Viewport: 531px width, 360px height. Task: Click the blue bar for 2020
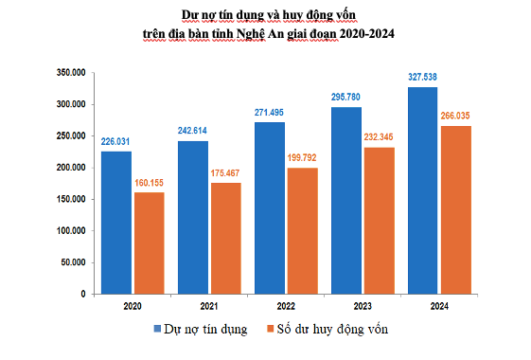pos(115,223)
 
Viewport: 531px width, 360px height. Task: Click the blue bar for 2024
pos(422,190)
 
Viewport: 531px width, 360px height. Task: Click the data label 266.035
pos(456,117)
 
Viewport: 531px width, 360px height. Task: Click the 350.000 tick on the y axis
pos(72,72)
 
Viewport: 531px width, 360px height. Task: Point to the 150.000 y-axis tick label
pos(72,199)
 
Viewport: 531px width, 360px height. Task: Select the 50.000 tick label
pos(75,262)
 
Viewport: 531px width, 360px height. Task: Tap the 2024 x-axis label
pos(438,306)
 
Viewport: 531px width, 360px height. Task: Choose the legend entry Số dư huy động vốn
pos(330,329)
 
